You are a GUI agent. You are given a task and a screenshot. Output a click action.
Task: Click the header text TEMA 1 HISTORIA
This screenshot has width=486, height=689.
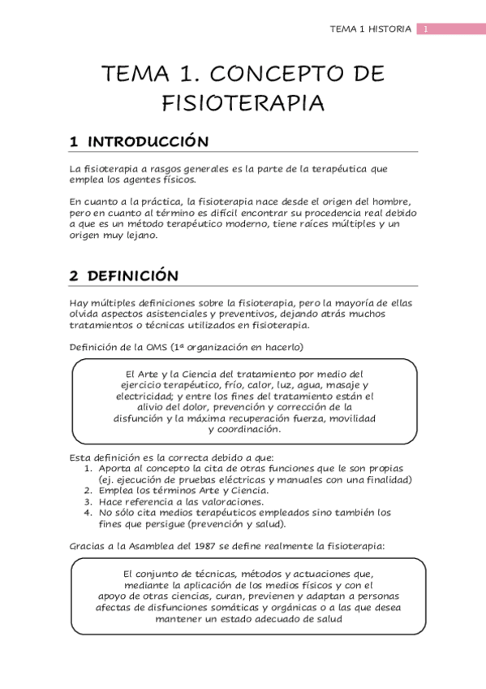point(371,29)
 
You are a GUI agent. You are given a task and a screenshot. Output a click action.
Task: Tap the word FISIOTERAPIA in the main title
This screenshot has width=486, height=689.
point(243,103)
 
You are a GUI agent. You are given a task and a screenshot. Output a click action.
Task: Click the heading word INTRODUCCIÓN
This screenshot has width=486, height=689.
point(148,141)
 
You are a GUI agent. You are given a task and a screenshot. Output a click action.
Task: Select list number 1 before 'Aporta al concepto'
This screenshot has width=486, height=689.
point(89,468)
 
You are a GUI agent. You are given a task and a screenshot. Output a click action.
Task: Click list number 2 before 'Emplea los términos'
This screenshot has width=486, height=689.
point(89,490)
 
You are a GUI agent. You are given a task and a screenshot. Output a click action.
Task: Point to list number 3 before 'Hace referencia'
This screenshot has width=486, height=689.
point(89,501)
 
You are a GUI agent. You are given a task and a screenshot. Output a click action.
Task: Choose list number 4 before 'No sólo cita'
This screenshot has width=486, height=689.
point(89,513)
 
